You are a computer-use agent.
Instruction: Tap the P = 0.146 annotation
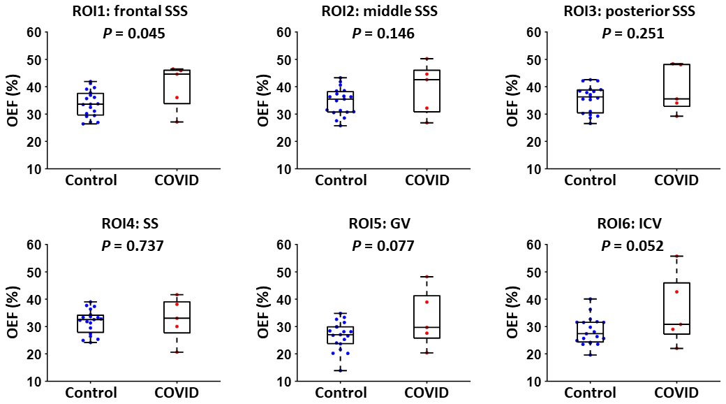[x=383, y=33]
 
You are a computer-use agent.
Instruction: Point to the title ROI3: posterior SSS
[x=632, y=11]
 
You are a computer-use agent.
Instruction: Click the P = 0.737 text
[x=134, y=245]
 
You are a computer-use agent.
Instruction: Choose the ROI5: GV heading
[x=383, y=224]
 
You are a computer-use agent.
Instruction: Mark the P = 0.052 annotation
[x=632, y=245]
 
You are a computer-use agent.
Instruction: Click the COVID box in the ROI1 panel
[x=177, y=86]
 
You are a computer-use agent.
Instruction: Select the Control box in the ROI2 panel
[x=341, y=101]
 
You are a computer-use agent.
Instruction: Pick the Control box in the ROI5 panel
[x=341, y=335]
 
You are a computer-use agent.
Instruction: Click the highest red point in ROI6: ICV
[x=676, y=257]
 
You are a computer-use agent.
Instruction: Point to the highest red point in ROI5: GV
[x=426, y=277]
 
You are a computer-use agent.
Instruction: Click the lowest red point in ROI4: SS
[x=177, y=352]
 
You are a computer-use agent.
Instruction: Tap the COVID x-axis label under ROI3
[x=676, y=180]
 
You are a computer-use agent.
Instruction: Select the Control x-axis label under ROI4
[x=91, y=393]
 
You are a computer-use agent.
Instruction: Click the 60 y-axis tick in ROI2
[x=283, y=31]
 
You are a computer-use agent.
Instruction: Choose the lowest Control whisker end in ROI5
[x=341, y=370]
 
